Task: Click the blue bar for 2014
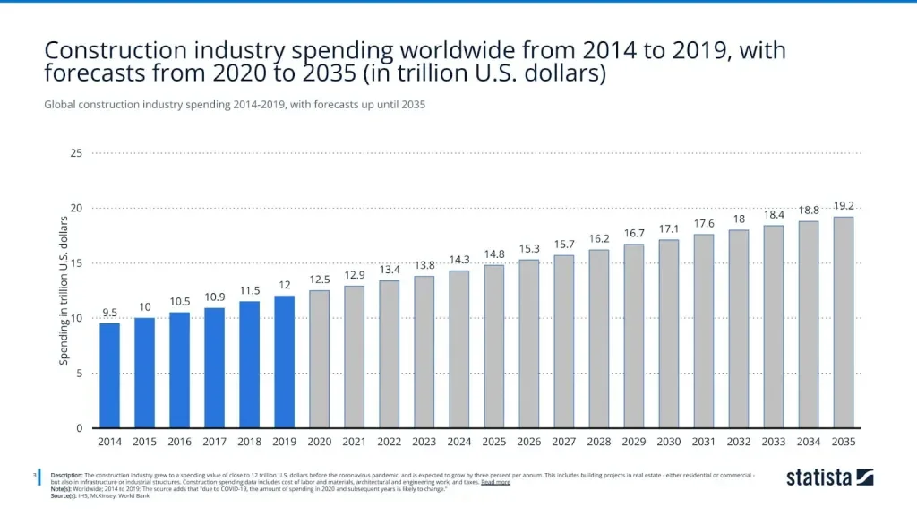(109, 375)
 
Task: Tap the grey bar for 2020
(319, 359)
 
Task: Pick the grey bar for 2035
(843, 322)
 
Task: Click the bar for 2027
(563, 341)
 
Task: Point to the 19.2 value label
(844, 206)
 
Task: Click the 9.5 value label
(109, 313)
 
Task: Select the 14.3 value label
(458, 260)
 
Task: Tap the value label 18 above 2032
(739, 219)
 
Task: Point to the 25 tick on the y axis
(76, 153)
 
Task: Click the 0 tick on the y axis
(79, 428)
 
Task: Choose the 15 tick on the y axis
(76, 263)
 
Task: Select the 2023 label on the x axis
(424, 442)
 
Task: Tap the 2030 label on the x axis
(668, 442)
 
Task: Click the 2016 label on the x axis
(179, 442)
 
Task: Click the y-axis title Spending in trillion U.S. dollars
(64, 290)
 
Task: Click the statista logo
(829, 477)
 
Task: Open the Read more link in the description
(495, 482)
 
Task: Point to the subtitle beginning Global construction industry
(234, 105)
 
